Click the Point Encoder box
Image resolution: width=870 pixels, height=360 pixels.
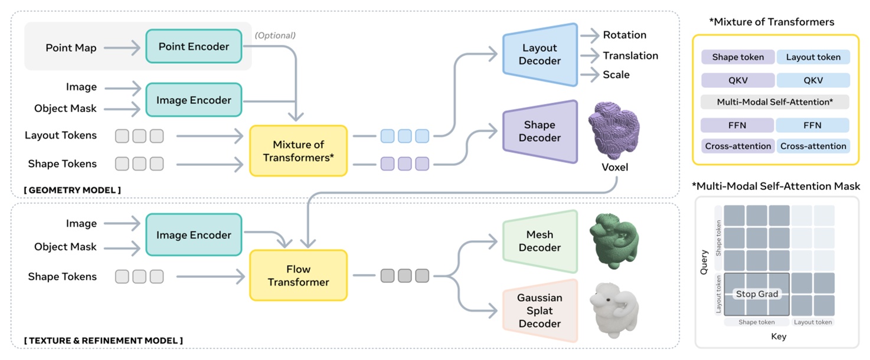[194, 47]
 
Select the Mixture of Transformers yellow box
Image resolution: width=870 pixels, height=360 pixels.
[298, 151]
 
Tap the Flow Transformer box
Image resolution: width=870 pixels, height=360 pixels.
[298, 275]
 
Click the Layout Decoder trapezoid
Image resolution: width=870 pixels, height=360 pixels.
[539, 54]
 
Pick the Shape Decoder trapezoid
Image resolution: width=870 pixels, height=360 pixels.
[539, 132]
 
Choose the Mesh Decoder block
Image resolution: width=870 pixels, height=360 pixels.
[539, 241]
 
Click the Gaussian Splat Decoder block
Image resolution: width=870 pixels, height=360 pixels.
[539, 310]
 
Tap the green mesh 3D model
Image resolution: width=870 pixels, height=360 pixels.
[614, 241]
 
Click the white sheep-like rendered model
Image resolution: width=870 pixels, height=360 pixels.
[614, 310]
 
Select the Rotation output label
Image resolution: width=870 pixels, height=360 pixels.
[624, 35]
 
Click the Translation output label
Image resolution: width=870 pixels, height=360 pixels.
[630, 55]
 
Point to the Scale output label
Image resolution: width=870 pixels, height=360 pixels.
[616, 75]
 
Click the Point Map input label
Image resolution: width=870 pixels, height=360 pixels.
[71, 48]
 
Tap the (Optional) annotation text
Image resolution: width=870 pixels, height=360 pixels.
[275, 35]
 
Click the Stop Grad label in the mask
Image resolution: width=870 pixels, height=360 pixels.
[757, 294]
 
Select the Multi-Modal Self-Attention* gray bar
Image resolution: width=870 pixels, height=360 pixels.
[774, 102]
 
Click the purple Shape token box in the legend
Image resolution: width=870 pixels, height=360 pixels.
[738, 57]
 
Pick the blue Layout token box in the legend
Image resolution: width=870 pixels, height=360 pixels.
[813, 57]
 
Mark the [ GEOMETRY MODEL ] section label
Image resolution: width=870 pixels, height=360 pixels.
[73, 189]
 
